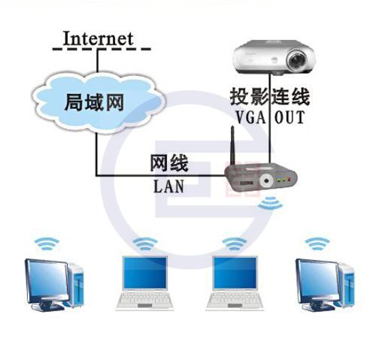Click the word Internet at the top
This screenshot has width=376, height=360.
(98, 38)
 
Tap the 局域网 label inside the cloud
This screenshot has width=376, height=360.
(95, 102)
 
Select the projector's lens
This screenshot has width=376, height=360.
(297, 61)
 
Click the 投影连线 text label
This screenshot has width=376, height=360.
(270, 96)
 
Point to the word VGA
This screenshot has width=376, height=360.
(251, 117)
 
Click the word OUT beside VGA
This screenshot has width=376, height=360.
(290, 117)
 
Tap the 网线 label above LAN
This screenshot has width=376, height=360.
(169, 163)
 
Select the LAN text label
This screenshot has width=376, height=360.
(168, 186)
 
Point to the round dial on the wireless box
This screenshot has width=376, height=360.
(266, 180)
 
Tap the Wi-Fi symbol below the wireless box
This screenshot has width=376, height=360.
(270, 203)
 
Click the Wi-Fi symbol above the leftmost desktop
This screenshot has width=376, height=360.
(47, 244)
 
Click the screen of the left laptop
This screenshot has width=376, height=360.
(145, 273)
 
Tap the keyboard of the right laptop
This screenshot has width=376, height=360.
(235, 298)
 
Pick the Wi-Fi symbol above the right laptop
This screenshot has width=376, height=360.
(235, 244)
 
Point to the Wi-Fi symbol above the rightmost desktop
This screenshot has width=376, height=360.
(317, 244)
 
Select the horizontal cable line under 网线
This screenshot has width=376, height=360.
(160, 176)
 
